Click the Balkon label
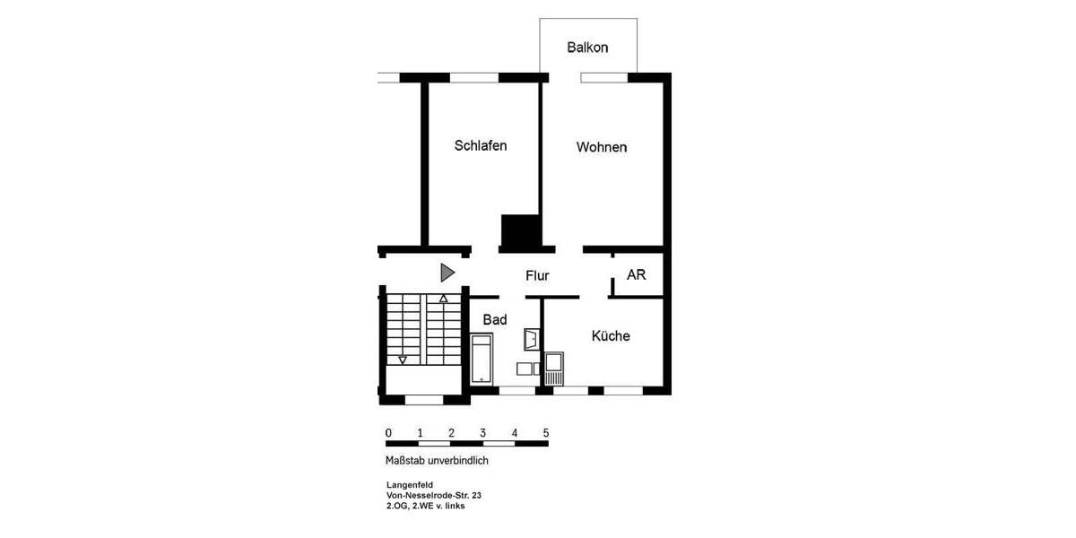587,48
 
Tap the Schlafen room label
481,145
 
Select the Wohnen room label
602,147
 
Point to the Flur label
537,276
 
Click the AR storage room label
636,275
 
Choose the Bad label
495,319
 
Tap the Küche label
611,336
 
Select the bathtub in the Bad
482,359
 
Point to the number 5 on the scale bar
546,433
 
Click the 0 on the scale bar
388,433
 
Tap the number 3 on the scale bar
483,433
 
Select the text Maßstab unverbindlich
437,461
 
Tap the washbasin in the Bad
532,339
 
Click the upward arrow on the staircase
443,298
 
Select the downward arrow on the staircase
403,360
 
